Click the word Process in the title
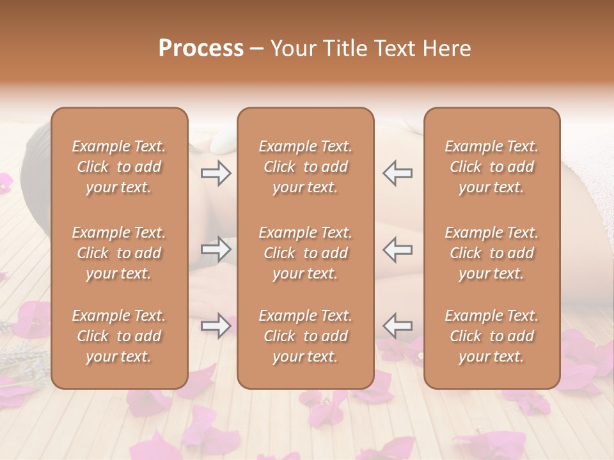(x=201, y=49)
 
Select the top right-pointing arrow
(x=216, y=173)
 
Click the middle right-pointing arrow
(x=216, y=249)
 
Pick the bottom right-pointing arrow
(x=216, y=325)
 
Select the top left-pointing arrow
(x=398, y=173)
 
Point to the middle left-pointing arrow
(x=398, y=249)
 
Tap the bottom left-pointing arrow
(x=398, y=325)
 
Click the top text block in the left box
(x=119, y=167)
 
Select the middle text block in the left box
(x=119, y=253)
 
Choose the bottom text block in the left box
(x=119, y=336)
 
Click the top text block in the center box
(x=306, y=167)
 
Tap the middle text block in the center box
(x=306, y=253)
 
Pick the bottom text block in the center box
(x=306, y=336)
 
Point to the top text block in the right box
(x=492, y=167)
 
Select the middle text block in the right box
(x=492, y=253)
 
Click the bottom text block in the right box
(x=492, y=336)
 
